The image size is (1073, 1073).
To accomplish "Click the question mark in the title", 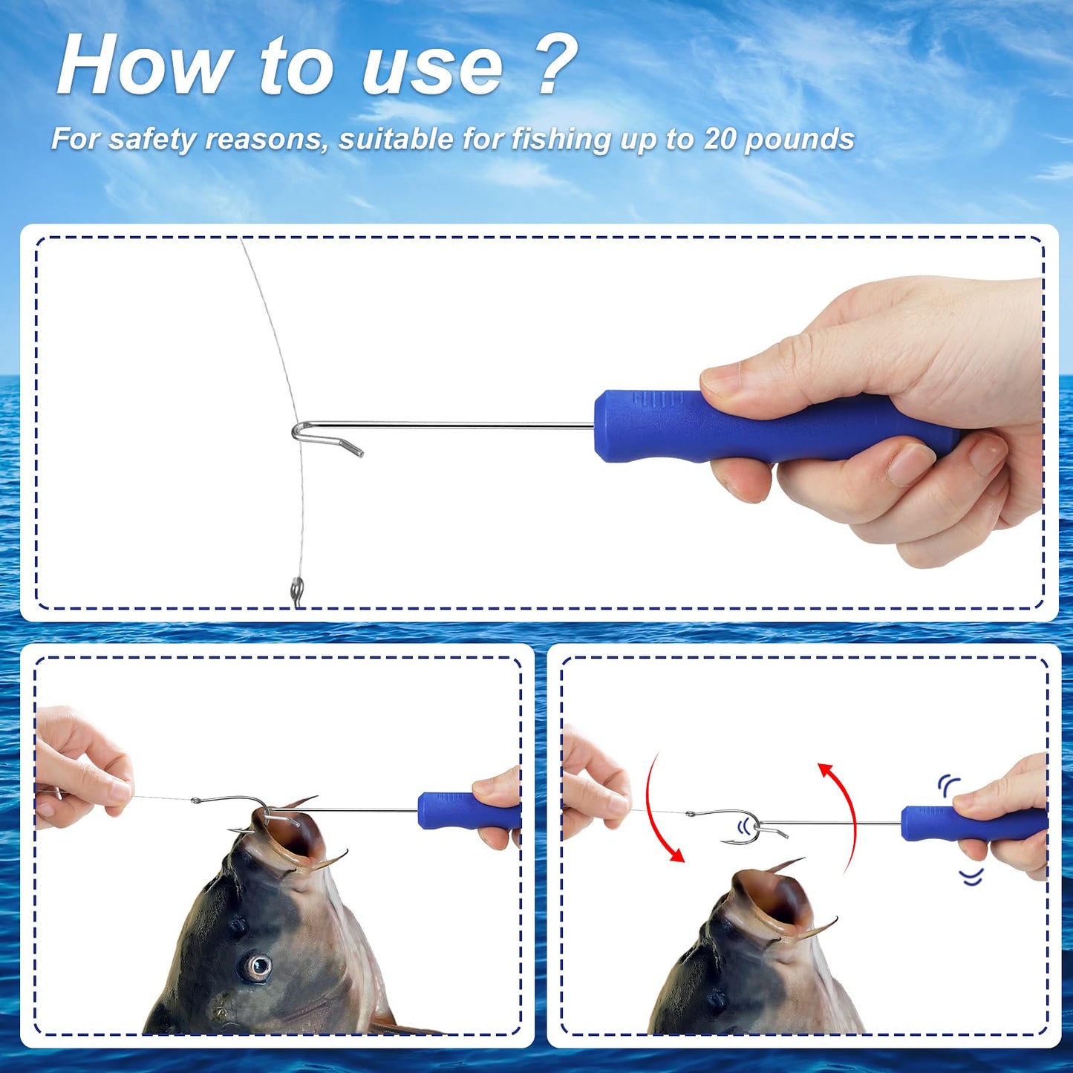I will [x=555, y=65].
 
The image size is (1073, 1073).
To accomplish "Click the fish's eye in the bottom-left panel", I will [x=258, y=966].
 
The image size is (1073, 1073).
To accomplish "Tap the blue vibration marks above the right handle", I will [x=948, y=784].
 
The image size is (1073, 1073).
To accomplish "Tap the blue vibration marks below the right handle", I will [x=971, y=877].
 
